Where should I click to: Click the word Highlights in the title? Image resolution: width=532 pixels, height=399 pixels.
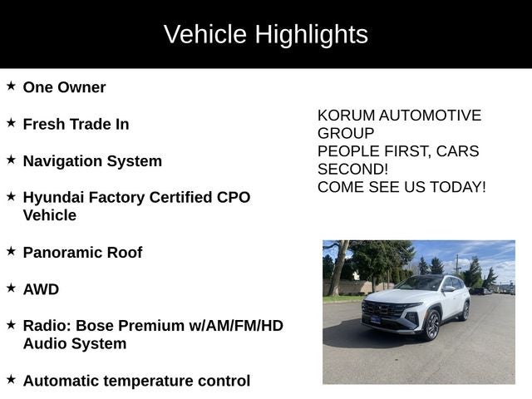coord(311,34)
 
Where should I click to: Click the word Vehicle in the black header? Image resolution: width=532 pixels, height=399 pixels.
coord(205,34)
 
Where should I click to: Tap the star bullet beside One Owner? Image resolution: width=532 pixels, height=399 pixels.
coord(11,86)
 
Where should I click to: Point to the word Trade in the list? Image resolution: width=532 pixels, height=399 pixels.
coord(90,124)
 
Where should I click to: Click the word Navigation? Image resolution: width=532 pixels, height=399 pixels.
coord(65,161)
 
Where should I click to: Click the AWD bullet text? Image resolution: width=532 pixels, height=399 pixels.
coord(41,289)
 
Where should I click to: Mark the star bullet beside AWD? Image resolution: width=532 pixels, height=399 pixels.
coord(11,288)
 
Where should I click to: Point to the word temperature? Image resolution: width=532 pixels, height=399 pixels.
coord(158,382)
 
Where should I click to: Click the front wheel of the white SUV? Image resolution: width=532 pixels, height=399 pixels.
coord(433,326)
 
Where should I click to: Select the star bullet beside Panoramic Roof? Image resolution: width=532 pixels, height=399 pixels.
coord(11,251)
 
